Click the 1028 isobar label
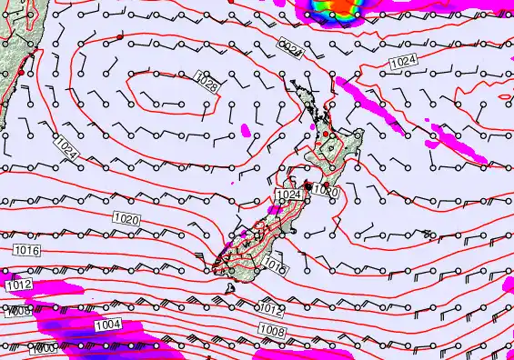207,85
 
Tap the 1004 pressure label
107,325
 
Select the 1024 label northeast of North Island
402,62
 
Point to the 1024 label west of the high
66,150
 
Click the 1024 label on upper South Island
288,195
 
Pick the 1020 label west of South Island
127,219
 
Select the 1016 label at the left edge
25,248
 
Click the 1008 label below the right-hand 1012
269,329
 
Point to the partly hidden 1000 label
43,349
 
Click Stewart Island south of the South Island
231,289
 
